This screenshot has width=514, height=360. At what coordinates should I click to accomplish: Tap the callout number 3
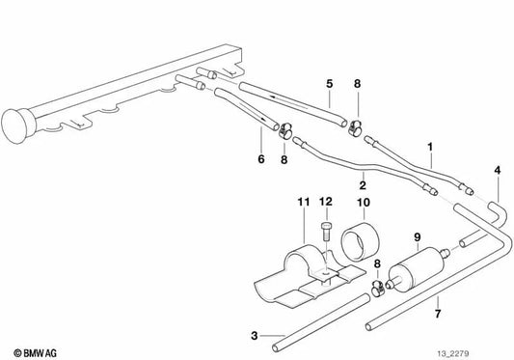[254, 336]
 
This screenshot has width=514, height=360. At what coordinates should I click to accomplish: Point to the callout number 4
[497, 171]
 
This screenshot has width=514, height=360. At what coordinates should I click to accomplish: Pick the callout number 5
[329, 84]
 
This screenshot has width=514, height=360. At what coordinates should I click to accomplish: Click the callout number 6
[259, 160]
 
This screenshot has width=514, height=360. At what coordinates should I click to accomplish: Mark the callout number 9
[418, 236]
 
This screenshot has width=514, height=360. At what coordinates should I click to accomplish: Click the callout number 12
[325, 201]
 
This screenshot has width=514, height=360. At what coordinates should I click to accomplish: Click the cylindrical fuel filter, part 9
[417, 265]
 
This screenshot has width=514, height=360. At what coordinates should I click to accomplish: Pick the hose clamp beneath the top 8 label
[358, 125]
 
